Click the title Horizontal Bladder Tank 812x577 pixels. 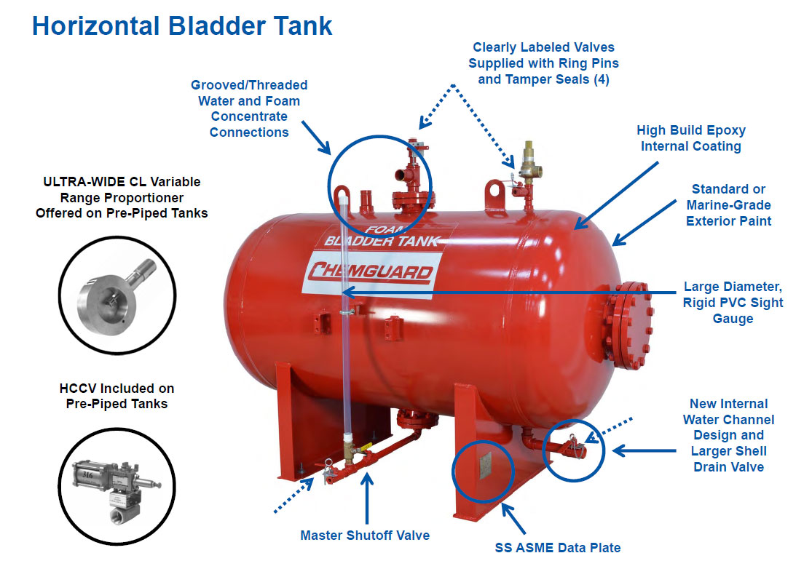(x=182, y=25)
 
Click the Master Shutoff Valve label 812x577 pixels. (x=365, y=536)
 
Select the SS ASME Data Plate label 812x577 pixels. (x=558, y=547)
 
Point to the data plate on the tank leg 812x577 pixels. (x=483, y=465)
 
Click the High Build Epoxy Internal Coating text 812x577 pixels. (x=690, y=138)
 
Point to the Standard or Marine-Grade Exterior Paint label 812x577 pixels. (x=728, y=204)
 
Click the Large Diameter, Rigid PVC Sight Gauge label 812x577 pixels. (x=733, y=303)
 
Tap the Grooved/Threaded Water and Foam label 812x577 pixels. (x=249, y=108)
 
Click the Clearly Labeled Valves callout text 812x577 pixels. (x=543, y=63)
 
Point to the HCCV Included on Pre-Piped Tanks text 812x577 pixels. (x=117, y=396)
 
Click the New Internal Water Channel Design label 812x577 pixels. (x=728, y=435)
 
